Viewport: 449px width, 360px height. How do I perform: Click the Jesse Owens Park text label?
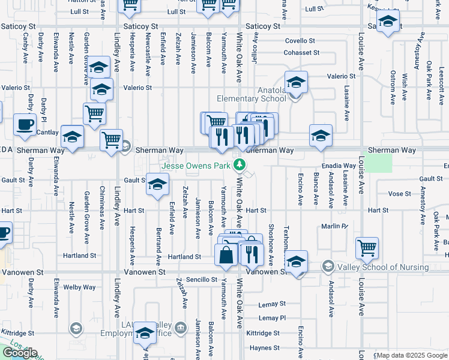coord(196,164)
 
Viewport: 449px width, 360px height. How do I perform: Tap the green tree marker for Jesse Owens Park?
coord(240,164)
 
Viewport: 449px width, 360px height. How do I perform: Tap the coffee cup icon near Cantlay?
coord(25,125)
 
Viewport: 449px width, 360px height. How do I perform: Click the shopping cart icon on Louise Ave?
coord(366,247)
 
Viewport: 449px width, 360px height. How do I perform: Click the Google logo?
coord(20,353)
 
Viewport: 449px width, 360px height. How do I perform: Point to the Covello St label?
coord(300,41)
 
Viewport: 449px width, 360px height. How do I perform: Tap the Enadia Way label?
coord(339,164)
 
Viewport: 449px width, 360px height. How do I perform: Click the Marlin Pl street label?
coord(334,226)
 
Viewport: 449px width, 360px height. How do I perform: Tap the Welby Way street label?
coord(80,287)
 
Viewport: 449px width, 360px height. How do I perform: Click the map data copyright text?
coord(412,355)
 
